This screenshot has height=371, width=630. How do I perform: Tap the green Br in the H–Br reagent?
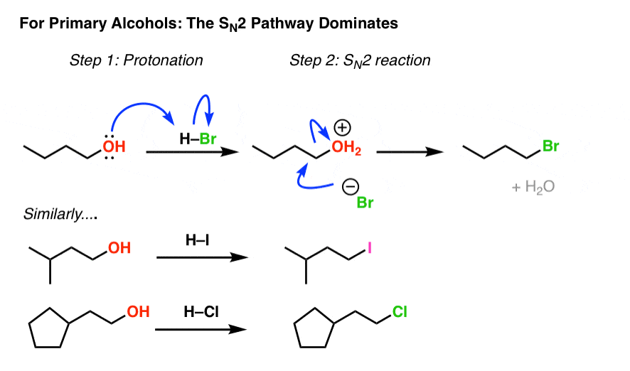click(208, 139)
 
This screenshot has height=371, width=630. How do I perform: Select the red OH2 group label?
click(347, 149)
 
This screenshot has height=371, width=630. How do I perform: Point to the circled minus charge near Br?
click(349, 187)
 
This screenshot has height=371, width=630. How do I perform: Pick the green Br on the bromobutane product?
click(551, 146)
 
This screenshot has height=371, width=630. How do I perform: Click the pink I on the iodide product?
click(370, 248)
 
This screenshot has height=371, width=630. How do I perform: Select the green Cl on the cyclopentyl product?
click(400, 311)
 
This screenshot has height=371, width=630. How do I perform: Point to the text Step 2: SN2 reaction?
click(360, 60)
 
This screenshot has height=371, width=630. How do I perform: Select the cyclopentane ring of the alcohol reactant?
click(48, 330)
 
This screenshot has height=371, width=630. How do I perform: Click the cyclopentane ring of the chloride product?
click(314, 330)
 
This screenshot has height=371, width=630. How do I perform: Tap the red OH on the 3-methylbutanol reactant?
click(119, 248)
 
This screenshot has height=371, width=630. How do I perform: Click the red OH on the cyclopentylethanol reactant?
click(137, 311)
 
